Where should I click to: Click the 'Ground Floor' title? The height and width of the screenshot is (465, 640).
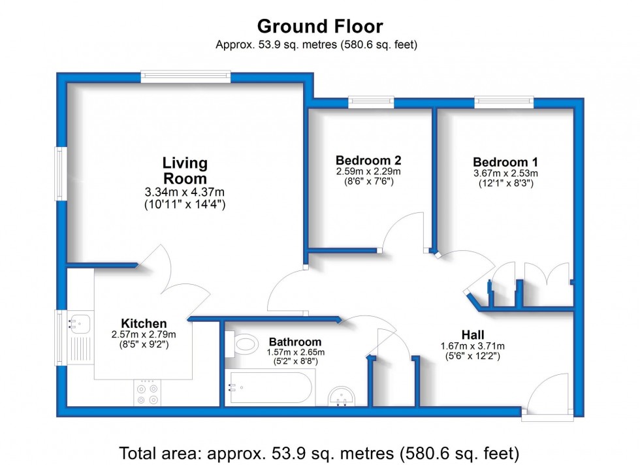(x=320, y=27)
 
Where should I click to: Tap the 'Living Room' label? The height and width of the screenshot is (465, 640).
(x=185, y=170)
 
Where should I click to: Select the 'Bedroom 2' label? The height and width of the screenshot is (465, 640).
(x=368, y=160)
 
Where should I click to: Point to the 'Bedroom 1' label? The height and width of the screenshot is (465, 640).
(x=505, y=162)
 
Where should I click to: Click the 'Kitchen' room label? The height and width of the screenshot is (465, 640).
(x=144, y=323)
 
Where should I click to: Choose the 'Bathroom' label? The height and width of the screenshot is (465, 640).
(x=295, y=342)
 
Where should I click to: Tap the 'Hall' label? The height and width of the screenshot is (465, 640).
(x=473, y=335)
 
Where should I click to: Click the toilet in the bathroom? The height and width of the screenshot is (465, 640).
(x=241, y=344)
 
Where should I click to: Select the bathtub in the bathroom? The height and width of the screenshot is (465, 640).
(x=270, y=387)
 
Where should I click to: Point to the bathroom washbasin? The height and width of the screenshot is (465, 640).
(x=342, y=396)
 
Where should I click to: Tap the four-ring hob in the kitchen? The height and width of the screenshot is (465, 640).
(x=148, y=393)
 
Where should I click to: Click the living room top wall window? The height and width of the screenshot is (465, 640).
(x=185, y=77)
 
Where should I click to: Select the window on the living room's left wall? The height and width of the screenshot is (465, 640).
(x=61, y=174)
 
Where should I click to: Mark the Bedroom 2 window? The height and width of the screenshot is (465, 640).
(x=371, y=102)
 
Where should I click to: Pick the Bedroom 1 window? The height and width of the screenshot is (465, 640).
(x=504, y=102)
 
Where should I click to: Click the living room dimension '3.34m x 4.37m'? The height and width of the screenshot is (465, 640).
(x=184, y=192)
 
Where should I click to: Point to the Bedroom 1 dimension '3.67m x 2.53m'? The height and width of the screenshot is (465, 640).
(x=505, y=173)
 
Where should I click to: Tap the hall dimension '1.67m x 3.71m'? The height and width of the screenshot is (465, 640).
(x=473, y=346)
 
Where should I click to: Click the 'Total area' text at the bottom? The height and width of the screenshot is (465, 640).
(x=319, y=453)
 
